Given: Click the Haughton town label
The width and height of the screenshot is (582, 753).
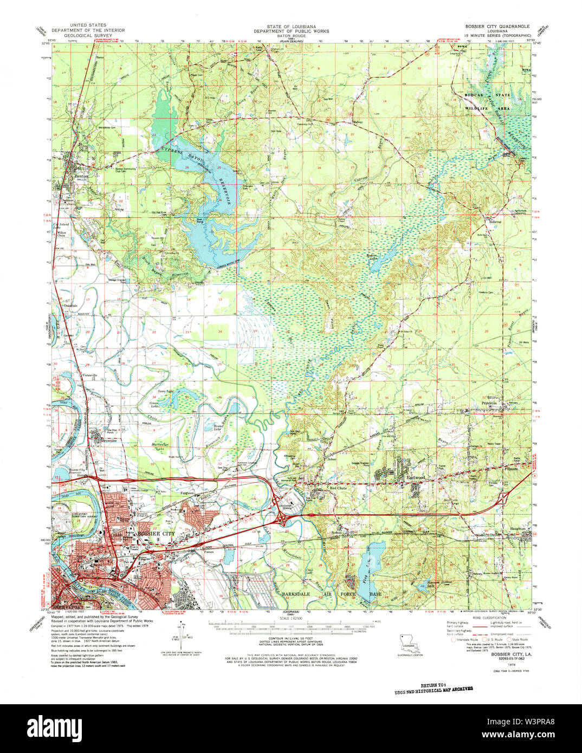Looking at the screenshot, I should tap(518, 528).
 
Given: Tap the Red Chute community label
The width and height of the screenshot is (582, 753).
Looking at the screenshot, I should tap(339, 488).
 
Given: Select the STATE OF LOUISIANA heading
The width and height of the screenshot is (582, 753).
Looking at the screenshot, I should tap(291, 25).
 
